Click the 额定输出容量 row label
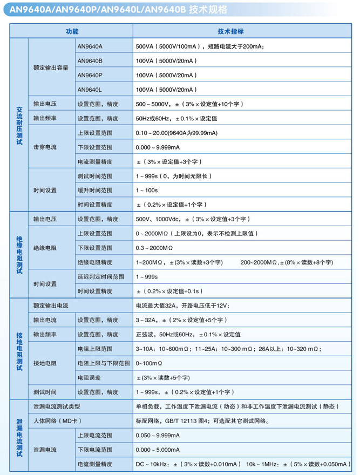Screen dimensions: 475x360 [51, 68]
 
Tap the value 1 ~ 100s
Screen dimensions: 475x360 [147, 191]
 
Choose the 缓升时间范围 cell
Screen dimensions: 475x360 [95, 191]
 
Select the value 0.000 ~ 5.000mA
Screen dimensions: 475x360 [162, 449]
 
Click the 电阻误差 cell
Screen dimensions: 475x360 [89, 377]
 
